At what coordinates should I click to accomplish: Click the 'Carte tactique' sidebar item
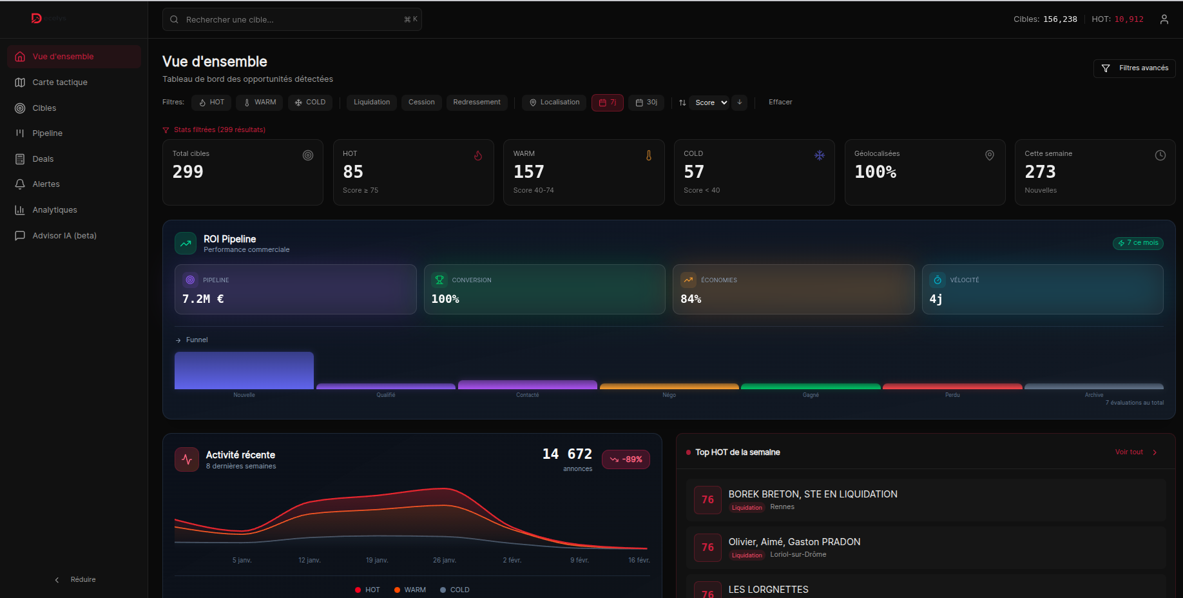point(60,82)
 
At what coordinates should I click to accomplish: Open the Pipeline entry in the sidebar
point(48,133)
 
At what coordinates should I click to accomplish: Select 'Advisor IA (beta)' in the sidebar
point(64,236)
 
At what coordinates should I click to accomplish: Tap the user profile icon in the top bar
point(1164,19)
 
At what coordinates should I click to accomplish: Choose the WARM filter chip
point(259,102)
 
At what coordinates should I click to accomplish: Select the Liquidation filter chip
point(371,102)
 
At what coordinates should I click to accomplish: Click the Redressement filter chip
point(476,102)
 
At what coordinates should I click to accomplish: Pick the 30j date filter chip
point(646,102)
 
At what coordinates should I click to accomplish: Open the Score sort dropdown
point(711,102)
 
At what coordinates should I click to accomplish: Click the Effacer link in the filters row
point(780,102)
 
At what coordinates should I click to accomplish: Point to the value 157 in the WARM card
point(528,172)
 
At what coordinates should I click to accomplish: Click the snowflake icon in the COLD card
point(819,155)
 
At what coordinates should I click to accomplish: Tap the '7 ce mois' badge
point(1138,243)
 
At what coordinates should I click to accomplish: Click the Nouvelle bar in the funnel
point(244,371)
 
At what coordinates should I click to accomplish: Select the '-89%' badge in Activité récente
point(626,459)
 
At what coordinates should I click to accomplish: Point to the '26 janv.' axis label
point(445,560)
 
